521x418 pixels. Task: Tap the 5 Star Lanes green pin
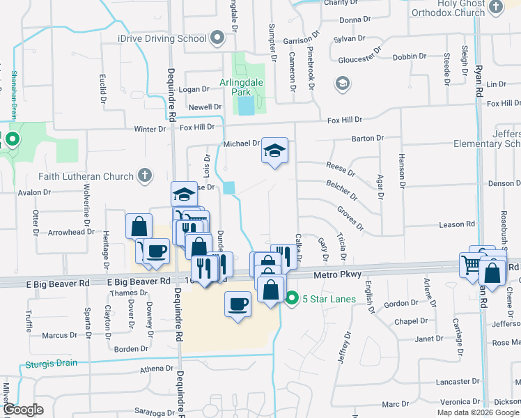tap(292, 299)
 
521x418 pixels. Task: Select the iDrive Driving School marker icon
tap(218, 38)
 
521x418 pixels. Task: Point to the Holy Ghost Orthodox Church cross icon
tap(495, 8)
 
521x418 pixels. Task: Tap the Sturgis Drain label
tap(52, 363)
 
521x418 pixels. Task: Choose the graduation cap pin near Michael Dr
tap(274, 150)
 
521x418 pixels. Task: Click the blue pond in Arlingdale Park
tap(245, 106)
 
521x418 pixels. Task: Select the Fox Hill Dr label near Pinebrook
tap(346, 120)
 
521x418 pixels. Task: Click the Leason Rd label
tap(457, 224)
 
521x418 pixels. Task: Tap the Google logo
tap(22, 410)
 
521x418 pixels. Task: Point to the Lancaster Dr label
tap(453, 381)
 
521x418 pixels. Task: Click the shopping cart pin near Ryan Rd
tap(472, 263)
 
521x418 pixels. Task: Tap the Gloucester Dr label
tap(361, 59)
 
